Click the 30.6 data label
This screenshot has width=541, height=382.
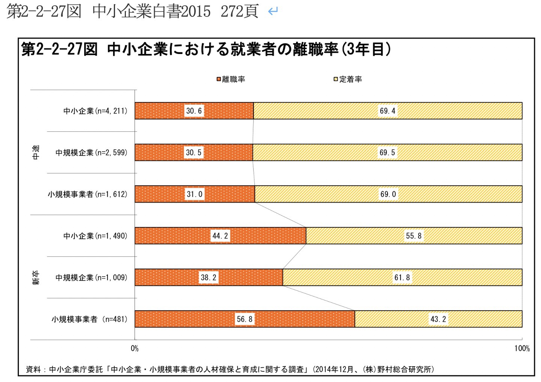coord(194,111)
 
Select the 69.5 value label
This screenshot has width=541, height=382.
coord(387,152)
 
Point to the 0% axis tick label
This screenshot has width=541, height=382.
coord(134,349)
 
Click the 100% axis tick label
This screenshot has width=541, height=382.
coord(522,349)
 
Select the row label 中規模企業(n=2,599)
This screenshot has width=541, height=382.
coord(91,152)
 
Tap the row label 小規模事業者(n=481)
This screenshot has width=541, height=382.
coord(89,319)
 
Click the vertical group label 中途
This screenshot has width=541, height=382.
coord(36,152)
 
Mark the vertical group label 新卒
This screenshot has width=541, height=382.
coord(36,277)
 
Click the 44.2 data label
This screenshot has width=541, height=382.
coord(220,236)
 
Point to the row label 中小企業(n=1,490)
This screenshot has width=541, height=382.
coord(95,236)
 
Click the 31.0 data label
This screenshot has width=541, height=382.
coord(195,194)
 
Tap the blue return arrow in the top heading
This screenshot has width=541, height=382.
coord(273,11)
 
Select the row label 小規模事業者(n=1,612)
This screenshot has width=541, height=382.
coord(87,194)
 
